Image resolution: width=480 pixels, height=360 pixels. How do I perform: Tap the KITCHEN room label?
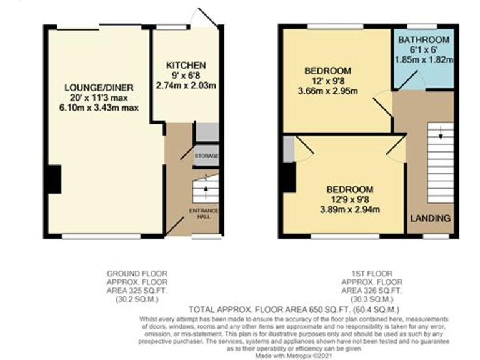tap(186, 65)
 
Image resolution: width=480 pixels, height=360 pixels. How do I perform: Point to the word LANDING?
tap(430, 218)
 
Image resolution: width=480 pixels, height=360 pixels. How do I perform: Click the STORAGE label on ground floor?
tap(206, 156)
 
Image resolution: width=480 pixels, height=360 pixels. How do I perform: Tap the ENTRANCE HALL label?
tap(204, 214)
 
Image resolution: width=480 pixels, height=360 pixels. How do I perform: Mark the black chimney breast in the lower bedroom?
tap(288, 177)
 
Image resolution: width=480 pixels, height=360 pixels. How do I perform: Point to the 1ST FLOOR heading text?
tap(367, 272)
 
